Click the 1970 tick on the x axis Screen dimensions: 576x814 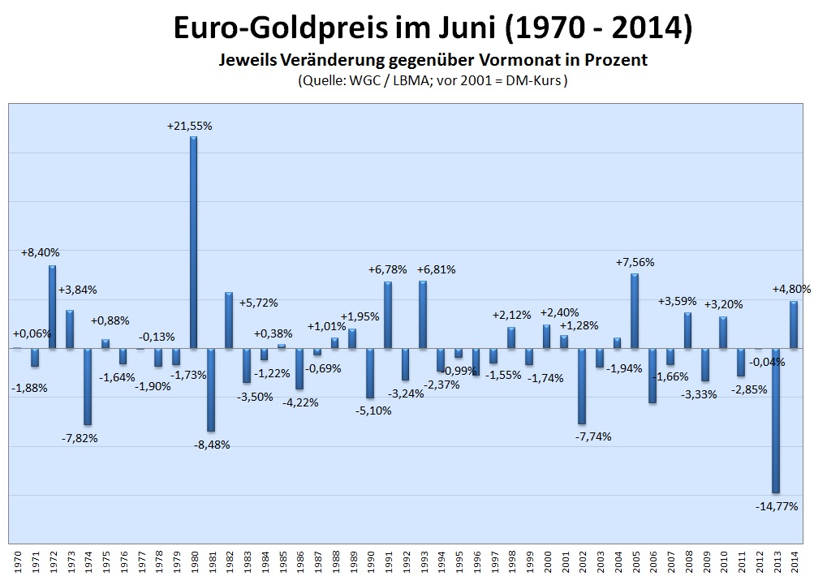pos(18,561)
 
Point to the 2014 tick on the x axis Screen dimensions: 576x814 pos(794,561)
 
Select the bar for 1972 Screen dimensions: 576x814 pos(52,307)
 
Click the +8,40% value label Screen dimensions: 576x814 pos(40,253)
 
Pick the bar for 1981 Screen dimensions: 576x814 pos(211,389)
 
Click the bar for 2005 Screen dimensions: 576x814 pos(635,311)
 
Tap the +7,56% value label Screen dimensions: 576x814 pos(635,262)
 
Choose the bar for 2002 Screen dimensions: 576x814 pos(582,386)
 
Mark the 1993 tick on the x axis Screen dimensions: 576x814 pos(423,561)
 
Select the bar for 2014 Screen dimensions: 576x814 pos(793,325)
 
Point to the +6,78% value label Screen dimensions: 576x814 pos(388,269)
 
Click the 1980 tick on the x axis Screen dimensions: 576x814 pos(194,561)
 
